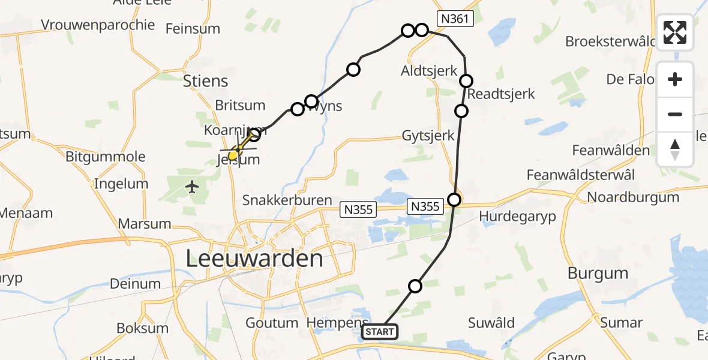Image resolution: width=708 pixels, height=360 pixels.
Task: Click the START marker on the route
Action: [x=380, y=332]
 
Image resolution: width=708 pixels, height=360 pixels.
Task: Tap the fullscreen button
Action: [x=675, y=32]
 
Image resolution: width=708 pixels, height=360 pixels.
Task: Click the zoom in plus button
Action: [x=675, y=79]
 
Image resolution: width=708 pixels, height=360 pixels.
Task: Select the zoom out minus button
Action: [x=675, y=114]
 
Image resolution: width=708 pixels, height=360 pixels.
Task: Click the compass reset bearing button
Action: [x=675, y=149]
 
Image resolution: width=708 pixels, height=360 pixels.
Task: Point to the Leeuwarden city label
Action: [x=254, y=259]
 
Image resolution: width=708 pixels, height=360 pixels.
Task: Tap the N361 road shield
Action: [x=455, y=19]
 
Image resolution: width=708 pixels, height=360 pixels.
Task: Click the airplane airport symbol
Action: [x=193, y=187]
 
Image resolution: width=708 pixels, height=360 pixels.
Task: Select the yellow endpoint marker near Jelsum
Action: [x=235, y=155]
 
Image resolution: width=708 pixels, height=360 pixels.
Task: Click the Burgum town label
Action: [x=598, y=274]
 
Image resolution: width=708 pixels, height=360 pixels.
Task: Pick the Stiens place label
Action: [x=205, y=81]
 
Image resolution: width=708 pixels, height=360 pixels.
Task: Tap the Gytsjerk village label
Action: [x=428, y=136]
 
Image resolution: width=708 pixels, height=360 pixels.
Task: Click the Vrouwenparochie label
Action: [x=98, y=25]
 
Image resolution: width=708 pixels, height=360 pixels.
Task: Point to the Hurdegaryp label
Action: [x=518, y=216]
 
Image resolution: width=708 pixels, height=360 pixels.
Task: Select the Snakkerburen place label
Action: [x=287, y=200]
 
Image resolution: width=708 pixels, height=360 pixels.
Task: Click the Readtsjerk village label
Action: [x=500, y=94]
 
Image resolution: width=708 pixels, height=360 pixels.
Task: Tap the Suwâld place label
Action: [x=491, y=323]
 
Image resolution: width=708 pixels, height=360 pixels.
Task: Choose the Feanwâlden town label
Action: [x=611, y=150]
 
